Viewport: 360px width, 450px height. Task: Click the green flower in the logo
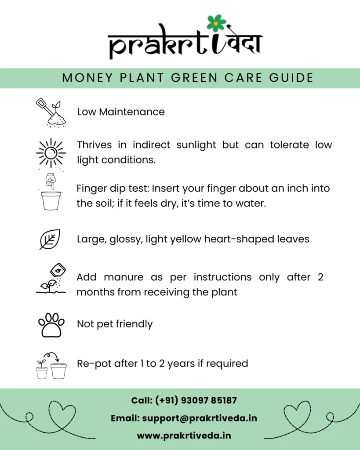coord(216,23)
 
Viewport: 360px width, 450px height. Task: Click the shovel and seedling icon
coord(51,112)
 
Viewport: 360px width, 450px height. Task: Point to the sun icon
coord(51,153)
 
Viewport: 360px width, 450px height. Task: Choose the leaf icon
coord(50,239)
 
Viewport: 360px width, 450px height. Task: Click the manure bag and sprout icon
coord(51,278)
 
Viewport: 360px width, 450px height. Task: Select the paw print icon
coord(51,325)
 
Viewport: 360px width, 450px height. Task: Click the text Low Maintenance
coord(121,112)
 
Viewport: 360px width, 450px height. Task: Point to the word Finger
coord(90,189)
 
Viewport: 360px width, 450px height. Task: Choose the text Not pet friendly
coord(115,324)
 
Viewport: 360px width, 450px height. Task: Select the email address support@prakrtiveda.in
coord(200,418)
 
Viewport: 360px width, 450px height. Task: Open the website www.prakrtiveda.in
coord(184,435)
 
